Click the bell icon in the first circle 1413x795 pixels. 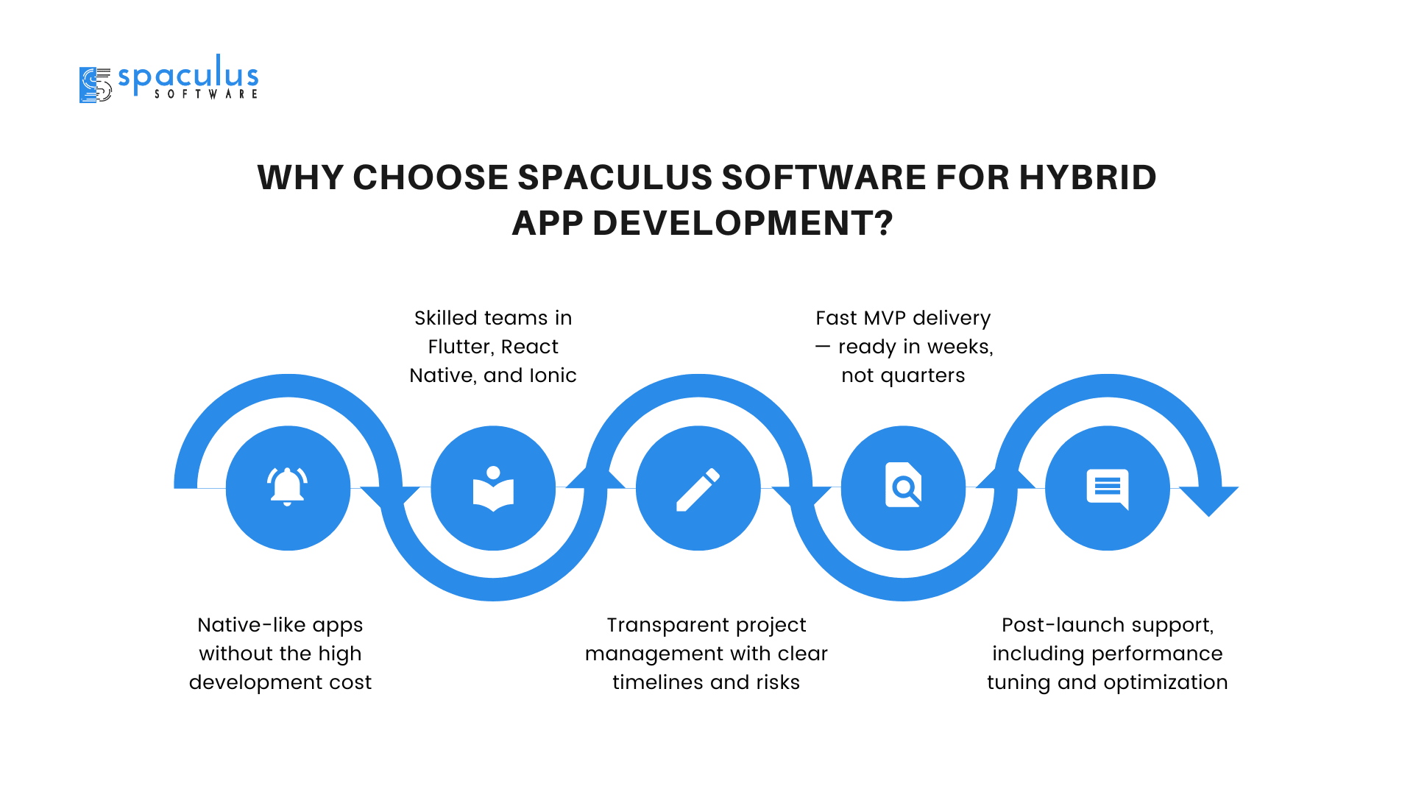pos(287,487)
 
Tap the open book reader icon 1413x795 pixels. pos(493,489)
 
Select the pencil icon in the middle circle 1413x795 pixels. pos(698,489)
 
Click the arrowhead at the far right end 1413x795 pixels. pos(1208,501)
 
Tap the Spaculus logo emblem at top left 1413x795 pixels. pos(95,85)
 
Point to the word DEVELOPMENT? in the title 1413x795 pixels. pos(743,223)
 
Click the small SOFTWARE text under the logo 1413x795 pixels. pos(206,94)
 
